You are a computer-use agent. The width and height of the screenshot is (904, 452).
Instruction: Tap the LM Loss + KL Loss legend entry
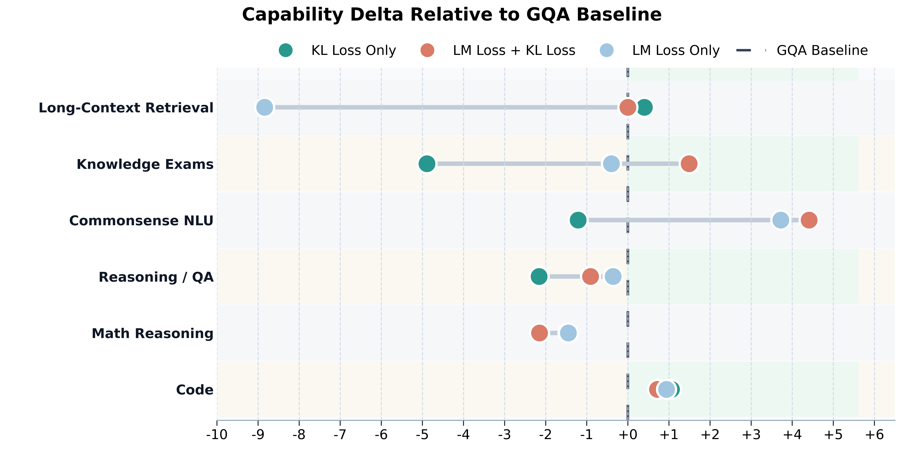coord(498,50)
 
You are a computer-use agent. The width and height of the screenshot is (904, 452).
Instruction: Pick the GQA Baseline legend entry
coord(802,50)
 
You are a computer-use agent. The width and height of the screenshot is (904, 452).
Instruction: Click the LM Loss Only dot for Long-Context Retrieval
coord(265,107)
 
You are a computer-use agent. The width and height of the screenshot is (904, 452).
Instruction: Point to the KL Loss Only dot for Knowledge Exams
coord(427,164)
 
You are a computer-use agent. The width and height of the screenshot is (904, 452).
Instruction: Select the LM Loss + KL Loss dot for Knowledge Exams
coord(689,164)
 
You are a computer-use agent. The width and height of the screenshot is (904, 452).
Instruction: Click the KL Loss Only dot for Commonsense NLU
coord(578,220)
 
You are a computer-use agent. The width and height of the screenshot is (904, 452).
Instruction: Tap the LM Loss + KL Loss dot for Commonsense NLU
coord(809,220)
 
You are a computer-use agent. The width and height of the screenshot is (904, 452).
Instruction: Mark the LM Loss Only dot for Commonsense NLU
coord(780,220)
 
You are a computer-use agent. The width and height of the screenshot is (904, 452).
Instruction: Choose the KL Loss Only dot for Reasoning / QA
coord(539,277)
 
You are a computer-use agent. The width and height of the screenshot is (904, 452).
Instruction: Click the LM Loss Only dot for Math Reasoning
coord(568,333)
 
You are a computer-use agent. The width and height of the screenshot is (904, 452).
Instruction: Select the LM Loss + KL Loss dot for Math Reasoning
coord(539,333)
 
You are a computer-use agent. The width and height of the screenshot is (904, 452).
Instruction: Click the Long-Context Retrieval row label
coord(126,108)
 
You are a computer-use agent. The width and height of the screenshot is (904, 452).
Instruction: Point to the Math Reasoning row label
coord(153,333)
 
